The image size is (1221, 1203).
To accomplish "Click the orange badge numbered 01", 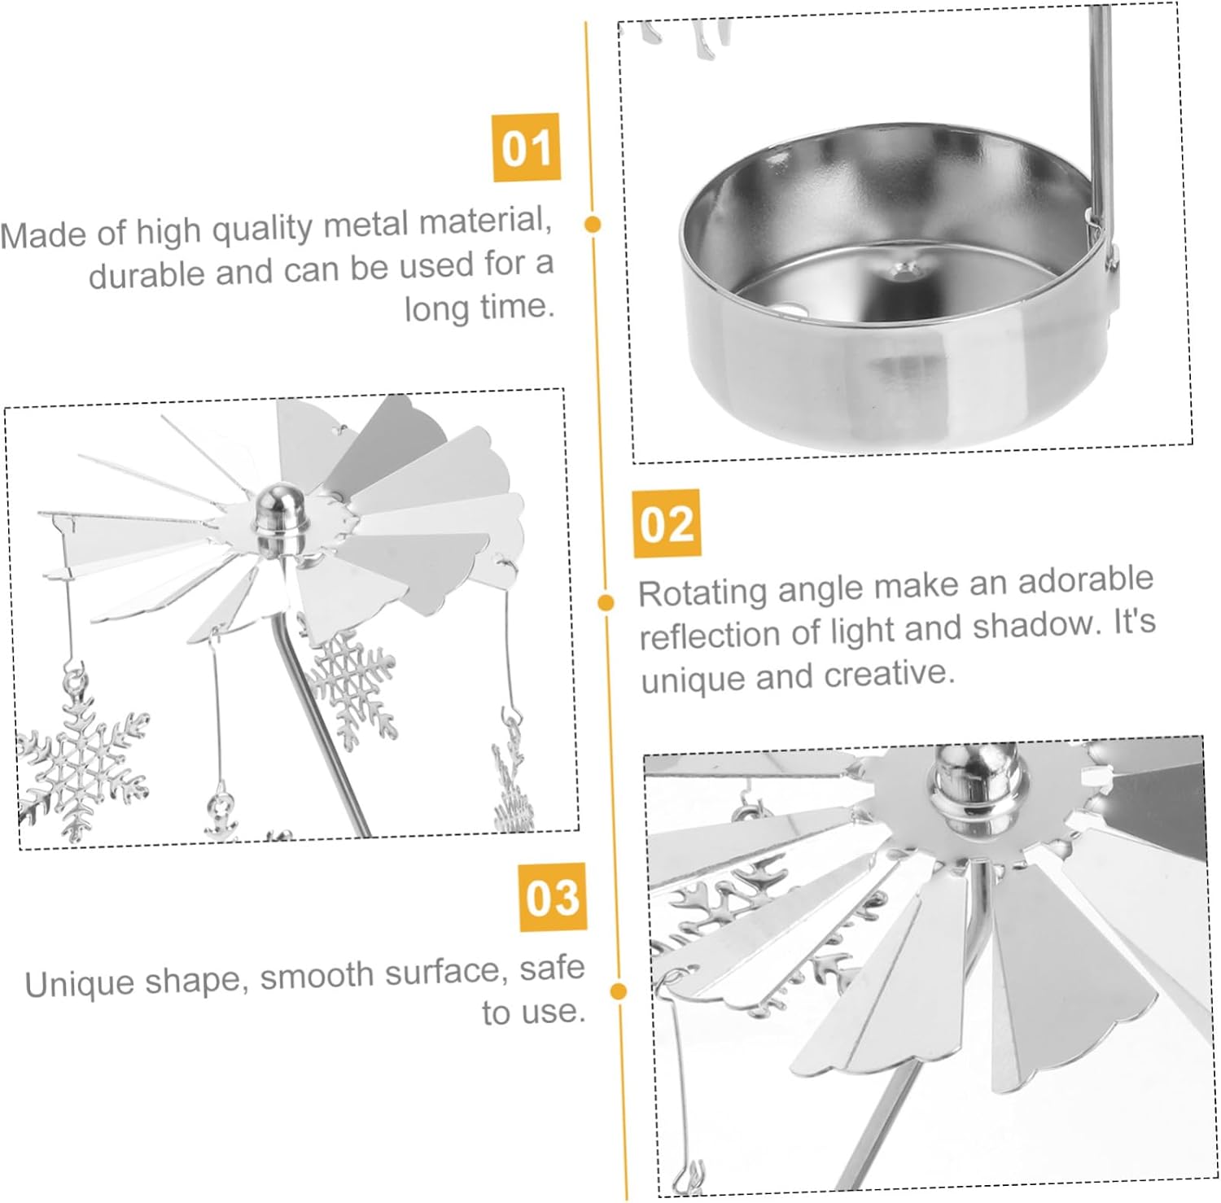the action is [x=527, y=147].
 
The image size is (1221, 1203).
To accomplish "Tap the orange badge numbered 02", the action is [x=667, y=523].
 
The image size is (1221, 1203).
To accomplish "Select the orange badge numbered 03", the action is [x=553, y=897].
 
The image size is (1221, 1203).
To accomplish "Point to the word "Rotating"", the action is [x=702, y=592].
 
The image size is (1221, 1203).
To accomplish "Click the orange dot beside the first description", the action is [x=593, y=224].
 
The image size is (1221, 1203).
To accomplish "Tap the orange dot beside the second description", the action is [x=606, y=602].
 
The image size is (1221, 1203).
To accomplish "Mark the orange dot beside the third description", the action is [x=618, y=991].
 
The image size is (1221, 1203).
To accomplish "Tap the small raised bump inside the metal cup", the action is [x=901, y=268].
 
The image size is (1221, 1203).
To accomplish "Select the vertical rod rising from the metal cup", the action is [x=1100, y=122].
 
